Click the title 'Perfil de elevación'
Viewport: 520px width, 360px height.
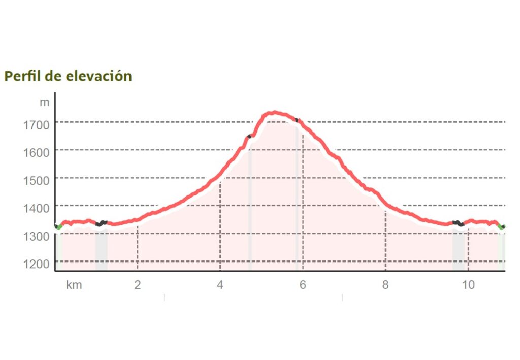click(x=68, y=76)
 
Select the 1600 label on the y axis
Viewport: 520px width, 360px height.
click(x=36, y=151)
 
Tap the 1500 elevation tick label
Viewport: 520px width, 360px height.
click(x=36, y=179)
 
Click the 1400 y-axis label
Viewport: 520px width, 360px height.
click(x=36, y=207)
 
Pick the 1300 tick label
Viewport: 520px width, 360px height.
click(x=36, y=235)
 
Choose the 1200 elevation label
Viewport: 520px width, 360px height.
click(x=36, y=263)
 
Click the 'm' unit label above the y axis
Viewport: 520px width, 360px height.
click(x=45, y=102)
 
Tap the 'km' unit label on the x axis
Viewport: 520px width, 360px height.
click(x=74, y=285)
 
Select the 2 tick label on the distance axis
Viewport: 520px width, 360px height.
click(x=138, y=285)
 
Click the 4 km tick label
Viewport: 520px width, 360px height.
click(x=220, y=285)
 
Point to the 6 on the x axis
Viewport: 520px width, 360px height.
click(x=303, y=285)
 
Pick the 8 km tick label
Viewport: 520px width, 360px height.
click(x=385, y=285)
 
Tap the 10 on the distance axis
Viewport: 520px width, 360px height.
click(x=468, y=285)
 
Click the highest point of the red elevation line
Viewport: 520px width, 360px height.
click(x=274, y=112)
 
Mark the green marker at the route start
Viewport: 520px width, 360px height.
click(x=59, y=227)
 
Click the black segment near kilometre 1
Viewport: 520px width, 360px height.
click(x=102, y=223)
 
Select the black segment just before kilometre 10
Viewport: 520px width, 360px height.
click(x=458, y=223)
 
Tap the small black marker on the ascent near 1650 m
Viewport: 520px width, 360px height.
click(x=249, y=136)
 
